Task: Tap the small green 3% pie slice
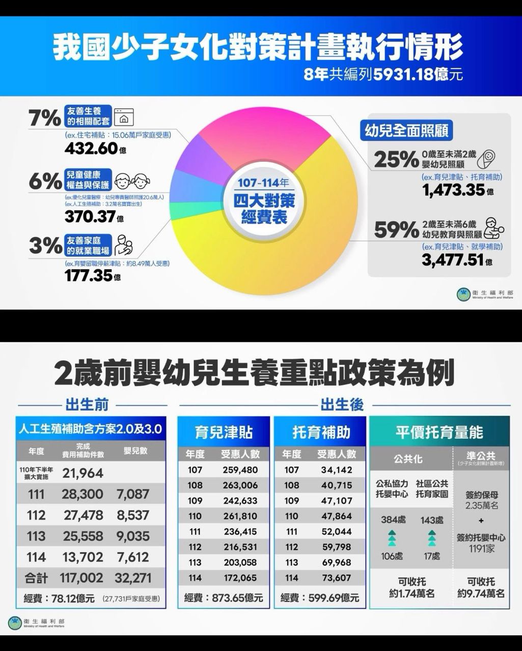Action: (x=179, y=210)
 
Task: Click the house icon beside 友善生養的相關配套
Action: (x=123, y=117)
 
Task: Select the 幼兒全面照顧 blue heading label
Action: (x=406, y=131)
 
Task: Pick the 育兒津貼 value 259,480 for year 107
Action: (x=240, y=470)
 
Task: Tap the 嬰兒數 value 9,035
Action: (x=133, y=536)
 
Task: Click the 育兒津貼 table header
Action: (x=224, y=432)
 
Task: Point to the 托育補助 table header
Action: (x=320, y=432)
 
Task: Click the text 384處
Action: (x=393, y=520)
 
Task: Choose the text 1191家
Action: (x=481, y=549)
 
